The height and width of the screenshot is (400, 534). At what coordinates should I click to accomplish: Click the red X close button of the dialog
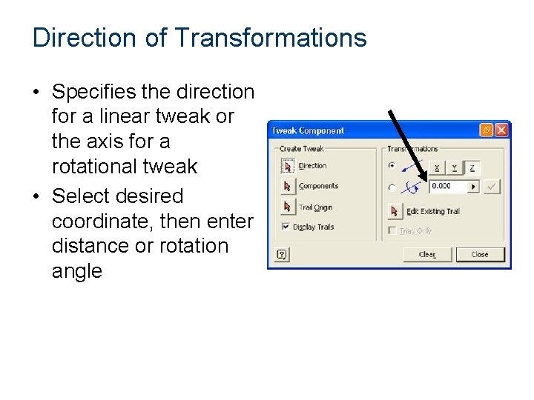click(501, 130)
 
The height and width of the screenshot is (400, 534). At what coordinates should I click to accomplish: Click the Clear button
click(426, 254)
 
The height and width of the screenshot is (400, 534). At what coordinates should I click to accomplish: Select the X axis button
click(437, 167)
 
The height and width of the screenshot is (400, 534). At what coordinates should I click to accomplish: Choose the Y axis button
click(454, 167)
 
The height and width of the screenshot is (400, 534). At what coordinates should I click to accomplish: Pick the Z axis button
click(472, 167)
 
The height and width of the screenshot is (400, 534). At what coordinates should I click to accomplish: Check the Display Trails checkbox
click(285, 227)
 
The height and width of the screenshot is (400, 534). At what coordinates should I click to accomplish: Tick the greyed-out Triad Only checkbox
click(392, 231)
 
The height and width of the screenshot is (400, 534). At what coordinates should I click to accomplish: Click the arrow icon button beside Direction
click(287, 166)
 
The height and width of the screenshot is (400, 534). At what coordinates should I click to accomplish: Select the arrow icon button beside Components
click(287, 186)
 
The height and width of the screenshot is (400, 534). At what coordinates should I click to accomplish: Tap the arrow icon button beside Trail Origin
click(287, 207)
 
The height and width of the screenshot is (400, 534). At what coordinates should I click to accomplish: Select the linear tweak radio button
click(392, 166)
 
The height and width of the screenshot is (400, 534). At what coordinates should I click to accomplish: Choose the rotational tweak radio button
click(392, 187)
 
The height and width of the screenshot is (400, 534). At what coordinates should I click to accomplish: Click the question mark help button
click(282, 254)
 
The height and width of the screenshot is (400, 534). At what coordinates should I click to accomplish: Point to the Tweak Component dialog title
click(308, 131)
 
